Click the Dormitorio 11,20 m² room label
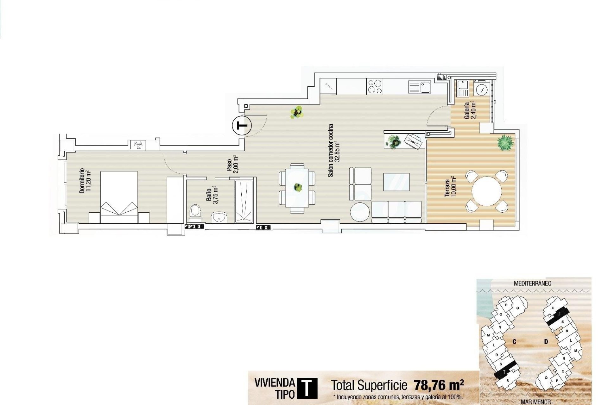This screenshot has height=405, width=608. pos(85,181)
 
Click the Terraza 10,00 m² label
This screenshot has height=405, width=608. pos(450,188)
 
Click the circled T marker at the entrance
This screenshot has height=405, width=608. pos(242,126)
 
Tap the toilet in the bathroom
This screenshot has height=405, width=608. pos(195,212)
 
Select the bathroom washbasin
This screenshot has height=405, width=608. pos(219,218)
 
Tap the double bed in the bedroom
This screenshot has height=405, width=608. pos(119,197)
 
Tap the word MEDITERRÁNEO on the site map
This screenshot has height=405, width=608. pos(532,283)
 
